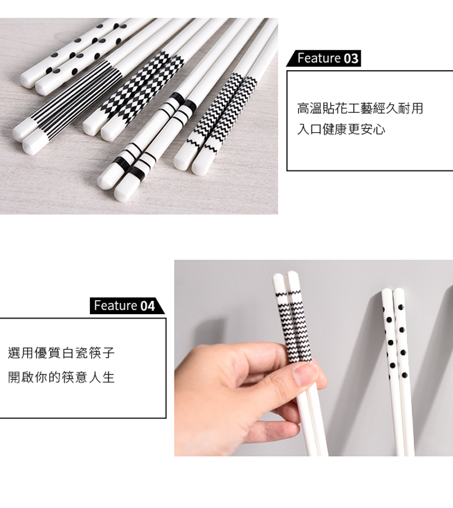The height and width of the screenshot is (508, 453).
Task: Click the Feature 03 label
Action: (x=323, y=59)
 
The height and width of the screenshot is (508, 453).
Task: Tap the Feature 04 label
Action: (x=127, y=306)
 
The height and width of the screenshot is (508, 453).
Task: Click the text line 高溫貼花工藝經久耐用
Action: (x=360, y=108)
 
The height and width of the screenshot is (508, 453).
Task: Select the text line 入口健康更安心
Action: (x=341, y=129)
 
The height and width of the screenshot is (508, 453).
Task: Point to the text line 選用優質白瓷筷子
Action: (x=61, y=353)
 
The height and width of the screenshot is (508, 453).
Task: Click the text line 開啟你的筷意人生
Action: (x=61, y=377)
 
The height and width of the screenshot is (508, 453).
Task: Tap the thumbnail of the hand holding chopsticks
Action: (x=313, y=358)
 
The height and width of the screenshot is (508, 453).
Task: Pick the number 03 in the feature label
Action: (x=351, y=59)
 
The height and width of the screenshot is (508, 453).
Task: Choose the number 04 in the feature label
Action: (x=147, y=306)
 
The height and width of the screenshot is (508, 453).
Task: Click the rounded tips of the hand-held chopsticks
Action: (x=286, y=277)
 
